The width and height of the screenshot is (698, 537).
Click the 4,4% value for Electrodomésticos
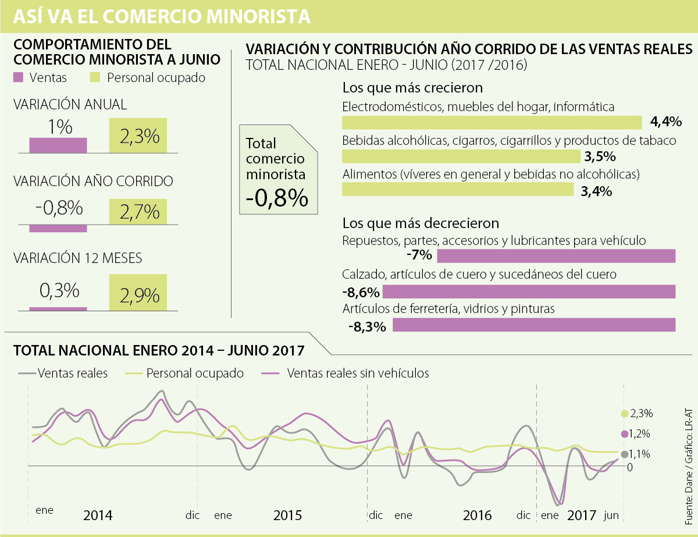tap(665, 122)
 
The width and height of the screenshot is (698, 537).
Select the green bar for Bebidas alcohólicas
tap(461, 157)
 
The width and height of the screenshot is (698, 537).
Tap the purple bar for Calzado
tap(529, 291)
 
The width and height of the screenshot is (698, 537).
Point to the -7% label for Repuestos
tap(419, 255)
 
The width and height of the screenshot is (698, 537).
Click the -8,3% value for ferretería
tap(368, 326)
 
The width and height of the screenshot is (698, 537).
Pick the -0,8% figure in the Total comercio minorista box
tap(276, 198)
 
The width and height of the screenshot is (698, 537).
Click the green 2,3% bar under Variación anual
tap(138, 136)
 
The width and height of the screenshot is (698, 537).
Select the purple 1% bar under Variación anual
tap(58, 145)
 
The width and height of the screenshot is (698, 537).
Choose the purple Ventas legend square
tap(19, 77)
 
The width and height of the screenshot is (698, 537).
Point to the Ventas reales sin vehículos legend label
tap(358, 374)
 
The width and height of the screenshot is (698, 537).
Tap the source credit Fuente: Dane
tap(689, 489)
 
